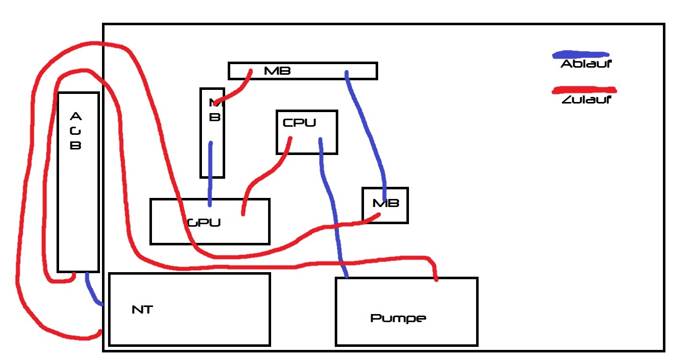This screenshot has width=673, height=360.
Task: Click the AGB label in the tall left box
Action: [x=75, y=131]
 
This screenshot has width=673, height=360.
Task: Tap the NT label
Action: [x=142, y=310]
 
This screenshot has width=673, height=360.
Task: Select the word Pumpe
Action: [x=398, y=318]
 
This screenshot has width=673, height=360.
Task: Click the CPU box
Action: [x=306, y=132]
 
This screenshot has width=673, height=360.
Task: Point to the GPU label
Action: [x=204, y=222]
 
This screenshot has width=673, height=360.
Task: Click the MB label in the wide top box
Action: [x=277, y=71]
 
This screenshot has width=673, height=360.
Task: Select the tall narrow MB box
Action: [x=212, y=133]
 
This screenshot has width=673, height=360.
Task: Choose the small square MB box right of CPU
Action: [x=385, y=205]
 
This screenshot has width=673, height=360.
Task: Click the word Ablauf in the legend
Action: [x=586, y=64]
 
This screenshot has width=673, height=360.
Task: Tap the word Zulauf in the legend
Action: [x=586, y=99]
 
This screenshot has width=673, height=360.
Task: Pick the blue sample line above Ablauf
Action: [x=581, y=54]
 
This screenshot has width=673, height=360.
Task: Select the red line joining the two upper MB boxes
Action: [x=233, y=91]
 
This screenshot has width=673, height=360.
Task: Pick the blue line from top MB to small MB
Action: [x=367, y=131]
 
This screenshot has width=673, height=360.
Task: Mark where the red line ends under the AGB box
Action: [x=74, y=275]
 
